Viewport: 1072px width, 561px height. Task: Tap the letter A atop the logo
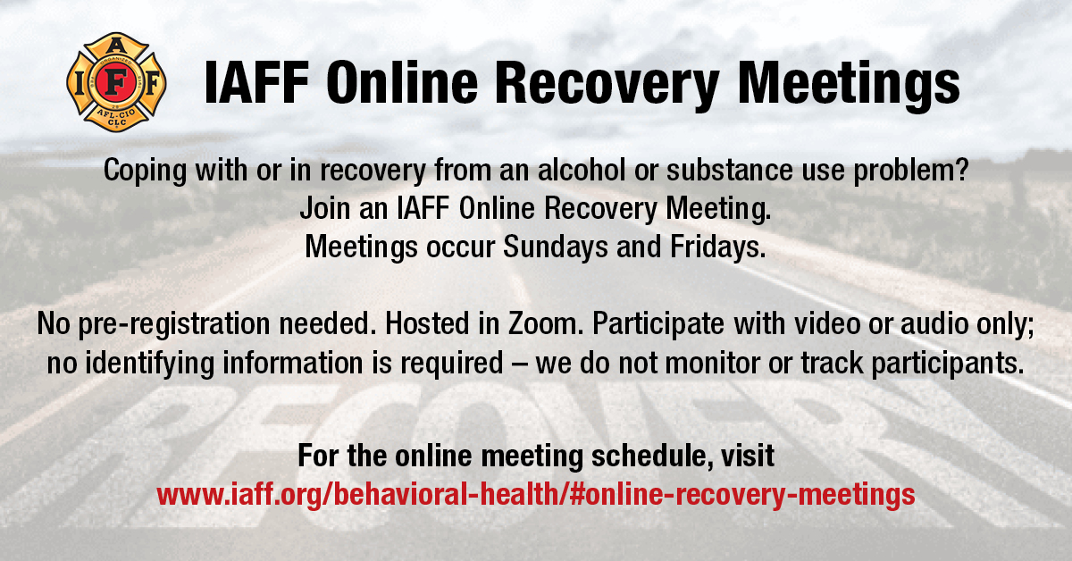pyautogui.click(x=116, y=46)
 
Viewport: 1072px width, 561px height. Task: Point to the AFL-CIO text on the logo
pyautogui.click(x=116, y=114)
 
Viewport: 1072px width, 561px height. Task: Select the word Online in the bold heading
pyautogui.click(x=403, y=82)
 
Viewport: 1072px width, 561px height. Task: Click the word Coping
pyautogui.click(x=145, y=171)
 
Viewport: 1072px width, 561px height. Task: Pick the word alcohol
pyautogui.click(x=582, y=170)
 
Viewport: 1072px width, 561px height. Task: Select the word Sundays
pyautogui.click(x=555, y=247)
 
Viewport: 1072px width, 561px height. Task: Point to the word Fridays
pyautogui.click(x=718, y=247)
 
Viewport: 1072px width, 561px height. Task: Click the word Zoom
pyautogui.click(x=546, y=323)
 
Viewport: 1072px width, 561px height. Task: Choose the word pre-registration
pyautogui.click(x=174, y=324)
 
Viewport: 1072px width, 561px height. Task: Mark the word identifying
pyautogui.click(x=150, y=364)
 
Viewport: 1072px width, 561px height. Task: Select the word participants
pyautogui.click(x=948, y=364)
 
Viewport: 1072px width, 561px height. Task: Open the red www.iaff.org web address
pyautogui.click(x=536, y=495)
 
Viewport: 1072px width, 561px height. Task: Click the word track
pyautogui.click(x=832, y=363)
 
